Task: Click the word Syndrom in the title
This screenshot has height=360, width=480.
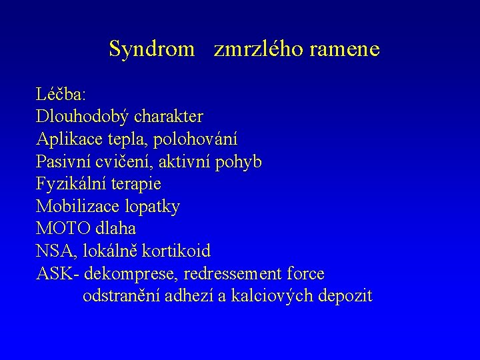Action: coord(151,49)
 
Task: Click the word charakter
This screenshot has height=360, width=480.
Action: coord(169,117)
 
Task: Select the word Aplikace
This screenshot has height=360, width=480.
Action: coord(67,139)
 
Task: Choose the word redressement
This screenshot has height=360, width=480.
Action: coord(231,274)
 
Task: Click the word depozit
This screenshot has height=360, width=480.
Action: coord(345,296)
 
